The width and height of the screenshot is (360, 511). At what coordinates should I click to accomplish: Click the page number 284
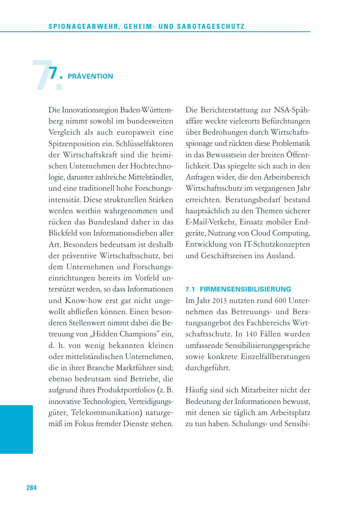click(x=32, y=488)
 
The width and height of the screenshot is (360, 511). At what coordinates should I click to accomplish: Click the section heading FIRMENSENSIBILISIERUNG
click(x=246, y=289)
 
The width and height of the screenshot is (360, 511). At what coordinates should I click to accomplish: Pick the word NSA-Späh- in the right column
click(x=292, y=110)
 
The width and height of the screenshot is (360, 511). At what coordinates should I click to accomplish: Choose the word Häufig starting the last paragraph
click(x=197, y=390)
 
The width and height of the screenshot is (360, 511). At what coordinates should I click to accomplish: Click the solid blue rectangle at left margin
click(x=16, y=429)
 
